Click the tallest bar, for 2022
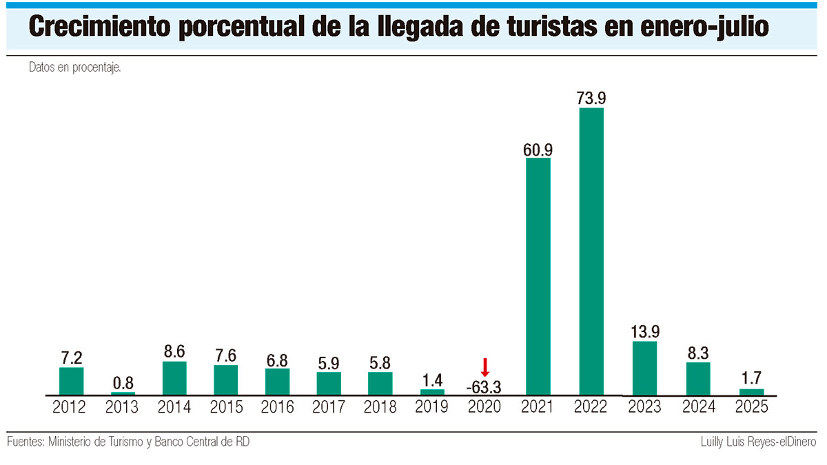pos(591,251)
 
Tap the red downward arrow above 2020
pos(484,366)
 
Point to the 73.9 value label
pos(591,97)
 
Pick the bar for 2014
pos(174,378)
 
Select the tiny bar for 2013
pos(123,393)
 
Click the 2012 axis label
pos(69,407)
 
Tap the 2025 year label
pos(751,407)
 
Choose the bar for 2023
pos(644,368)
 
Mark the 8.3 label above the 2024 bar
pos(698,353)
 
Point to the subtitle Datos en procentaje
pos(75,68)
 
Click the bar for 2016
pos(277,382)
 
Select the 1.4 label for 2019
pos(433,379)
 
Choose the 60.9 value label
pos(538,149)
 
